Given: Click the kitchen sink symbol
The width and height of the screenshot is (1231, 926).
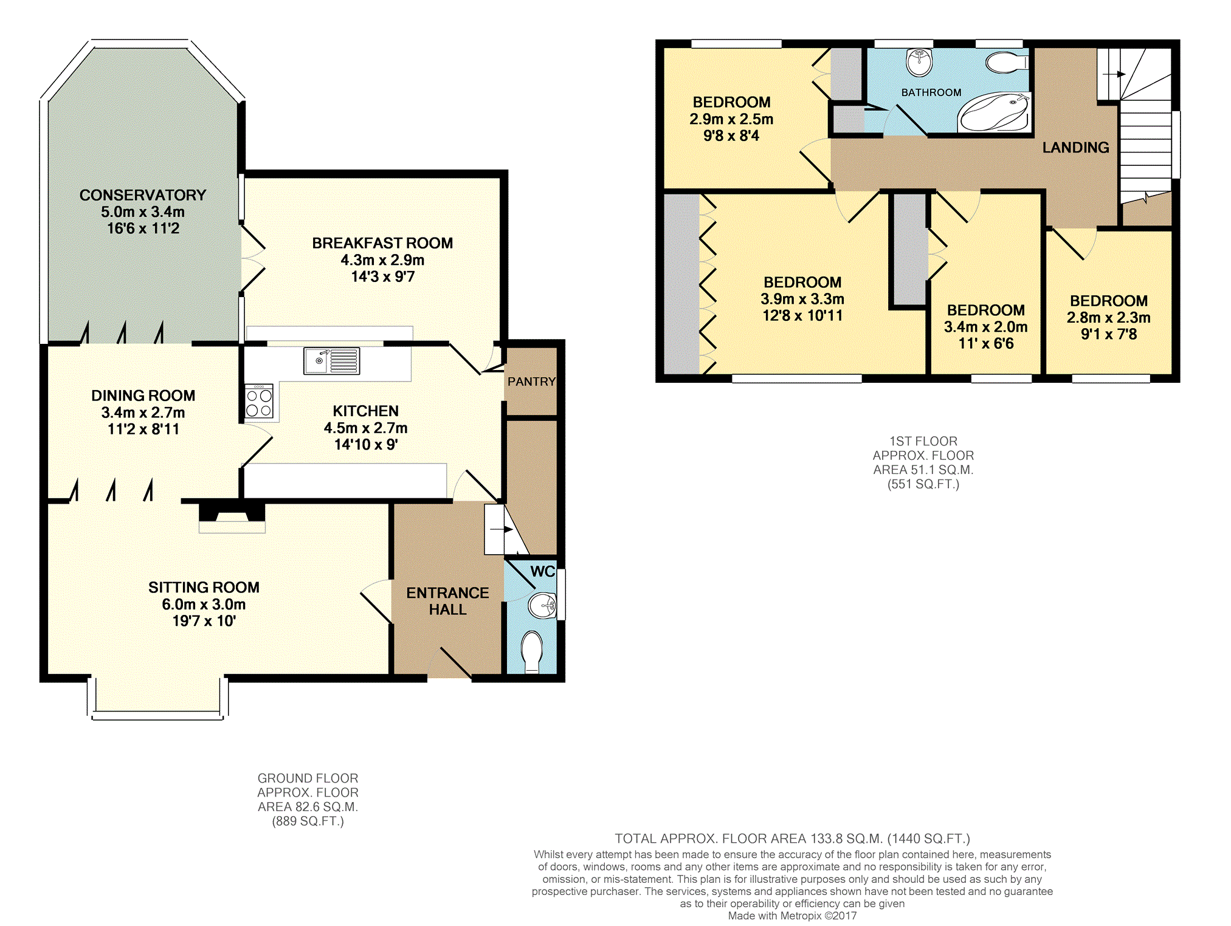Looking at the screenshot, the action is coord(331,361).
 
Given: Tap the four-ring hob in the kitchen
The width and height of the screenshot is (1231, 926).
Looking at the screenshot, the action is coord(260,402).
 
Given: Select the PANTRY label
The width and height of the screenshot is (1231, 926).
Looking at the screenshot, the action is coord(532,382).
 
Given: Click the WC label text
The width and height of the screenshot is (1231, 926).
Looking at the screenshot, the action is coord(543,571).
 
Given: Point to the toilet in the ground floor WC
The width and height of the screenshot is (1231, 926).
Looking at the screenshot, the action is coord(533,652).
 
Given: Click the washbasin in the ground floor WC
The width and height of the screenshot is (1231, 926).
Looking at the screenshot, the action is coord(543,605).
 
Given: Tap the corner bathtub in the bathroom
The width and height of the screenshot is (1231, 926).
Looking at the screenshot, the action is coord(993,112).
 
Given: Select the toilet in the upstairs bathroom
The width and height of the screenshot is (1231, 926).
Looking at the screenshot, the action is coord(1007,63).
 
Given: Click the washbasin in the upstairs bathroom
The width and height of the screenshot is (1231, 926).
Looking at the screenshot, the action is coord(919,63).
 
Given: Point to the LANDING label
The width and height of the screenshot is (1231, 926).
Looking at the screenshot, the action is coord(1075,148).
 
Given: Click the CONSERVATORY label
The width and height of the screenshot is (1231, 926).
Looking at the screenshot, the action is coord(143,195).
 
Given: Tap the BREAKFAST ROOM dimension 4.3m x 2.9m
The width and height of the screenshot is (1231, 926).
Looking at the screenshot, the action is coord(382,260).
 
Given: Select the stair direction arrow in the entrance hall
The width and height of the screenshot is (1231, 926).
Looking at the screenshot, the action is coord(502,530).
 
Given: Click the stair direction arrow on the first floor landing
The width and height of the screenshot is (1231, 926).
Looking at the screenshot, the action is coord(1114,74).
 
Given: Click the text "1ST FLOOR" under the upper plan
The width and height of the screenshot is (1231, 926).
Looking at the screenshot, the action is coord(923,441).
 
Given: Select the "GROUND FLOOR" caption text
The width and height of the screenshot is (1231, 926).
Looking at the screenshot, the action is coord(308,778).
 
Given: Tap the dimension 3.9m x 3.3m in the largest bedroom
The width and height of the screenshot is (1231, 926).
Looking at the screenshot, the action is coord(802,299).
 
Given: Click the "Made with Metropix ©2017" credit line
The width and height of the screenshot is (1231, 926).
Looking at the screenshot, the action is coord(792,916).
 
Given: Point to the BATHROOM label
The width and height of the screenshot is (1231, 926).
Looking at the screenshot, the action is coord(931,92).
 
